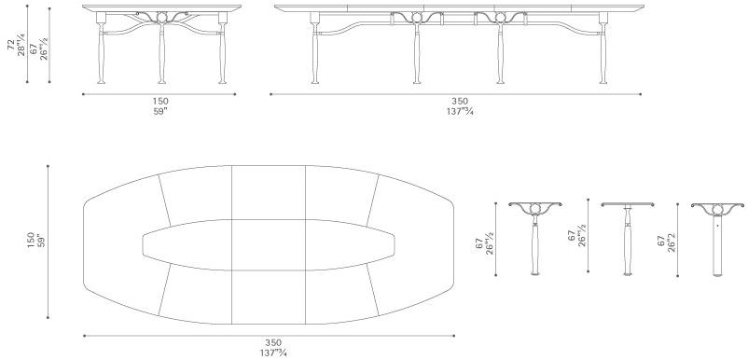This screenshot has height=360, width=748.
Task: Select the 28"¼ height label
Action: (22, 45)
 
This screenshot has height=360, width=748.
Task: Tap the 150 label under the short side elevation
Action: (160, 101)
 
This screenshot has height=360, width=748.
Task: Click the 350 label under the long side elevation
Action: (460, 101)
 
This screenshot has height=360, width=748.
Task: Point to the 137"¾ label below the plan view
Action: (273, 353)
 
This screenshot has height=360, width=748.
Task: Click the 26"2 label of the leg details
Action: (671, 242)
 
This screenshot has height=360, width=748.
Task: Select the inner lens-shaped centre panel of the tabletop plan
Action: (269, 245)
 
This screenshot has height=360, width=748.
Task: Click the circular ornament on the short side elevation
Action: (161, 18)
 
